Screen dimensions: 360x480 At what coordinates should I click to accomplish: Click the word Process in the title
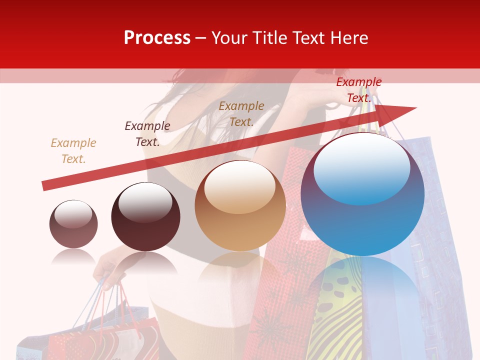tap(157, 38)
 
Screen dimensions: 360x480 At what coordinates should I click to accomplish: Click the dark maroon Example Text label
tap(147, 134)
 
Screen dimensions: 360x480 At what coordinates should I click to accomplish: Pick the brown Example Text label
tap(241, 114)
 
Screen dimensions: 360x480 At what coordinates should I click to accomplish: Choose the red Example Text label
tap(358, 90)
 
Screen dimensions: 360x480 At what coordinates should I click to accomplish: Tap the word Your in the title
tap(229, 38)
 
